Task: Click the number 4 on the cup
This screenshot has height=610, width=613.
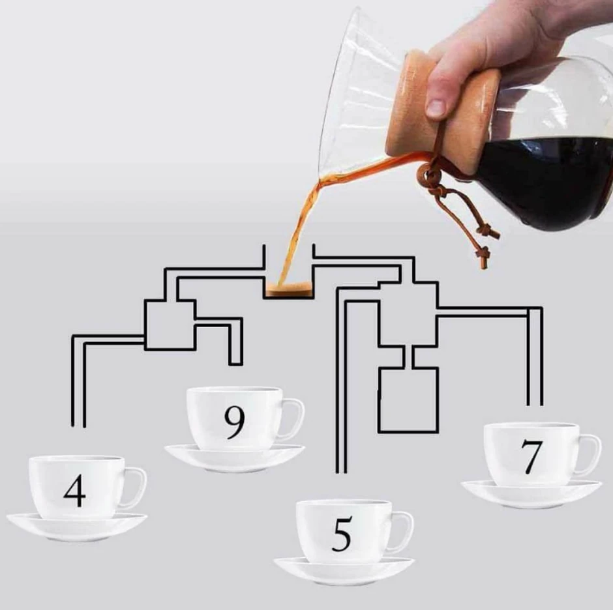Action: coord(75,491)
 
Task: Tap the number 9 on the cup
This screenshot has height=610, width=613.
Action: coord(235,422)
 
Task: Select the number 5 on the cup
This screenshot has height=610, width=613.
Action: coord(342,534)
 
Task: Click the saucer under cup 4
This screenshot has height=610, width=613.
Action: coord(77,527)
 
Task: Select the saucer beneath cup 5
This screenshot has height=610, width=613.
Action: coord(344,572)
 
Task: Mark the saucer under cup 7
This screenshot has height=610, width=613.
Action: coord(531,495)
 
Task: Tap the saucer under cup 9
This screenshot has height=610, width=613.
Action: coord(235,458)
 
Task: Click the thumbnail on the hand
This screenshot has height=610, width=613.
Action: coord(436,108)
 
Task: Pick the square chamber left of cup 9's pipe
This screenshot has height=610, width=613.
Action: coord(170,325)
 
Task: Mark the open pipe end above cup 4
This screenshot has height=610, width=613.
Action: coord(78,425)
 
